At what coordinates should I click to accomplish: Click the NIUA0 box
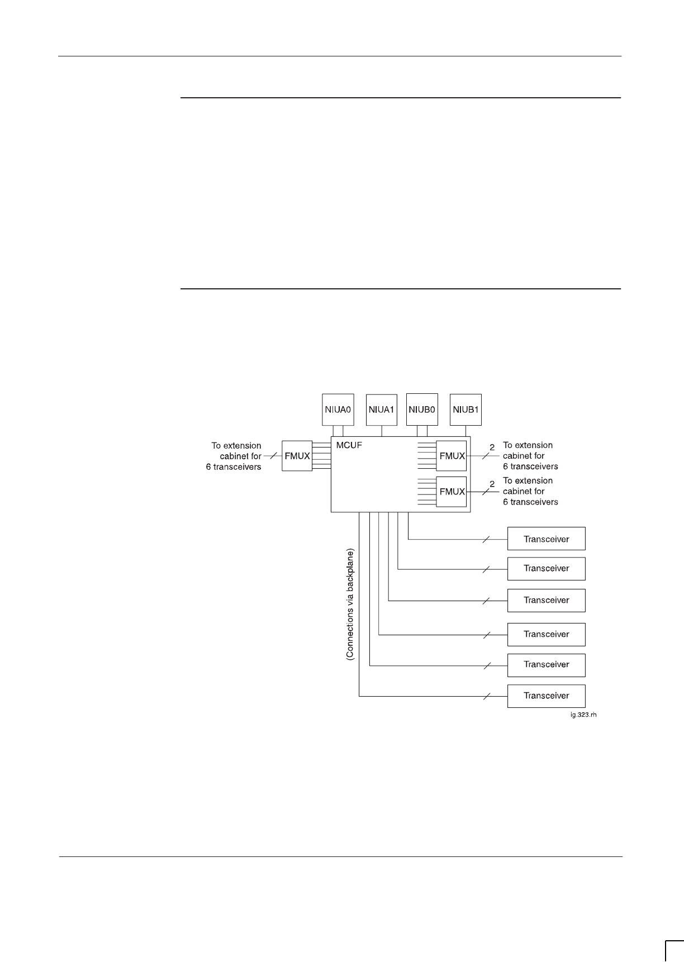click(338, 409)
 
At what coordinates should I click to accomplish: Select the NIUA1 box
click(382, 409)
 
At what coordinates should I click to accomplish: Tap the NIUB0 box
click(422, 409)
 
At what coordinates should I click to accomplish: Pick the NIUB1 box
click(465, 409)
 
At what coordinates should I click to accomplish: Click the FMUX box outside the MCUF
click(297, 456)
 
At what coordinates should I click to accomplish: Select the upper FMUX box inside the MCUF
click(452, 456)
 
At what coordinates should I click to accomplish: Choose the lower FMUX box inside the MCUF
click(452, 492)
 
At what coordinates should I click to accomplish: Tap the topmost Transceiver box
click(546, 539)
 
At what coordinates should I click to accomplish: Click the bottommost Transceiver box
click(546, 696)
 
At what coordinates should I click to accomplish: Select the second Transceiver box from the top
click(546, 569)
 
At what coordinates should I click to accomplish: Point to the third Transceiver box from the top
click(546, 600)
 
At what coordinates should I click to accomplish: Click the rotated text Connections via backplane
click(350, 604)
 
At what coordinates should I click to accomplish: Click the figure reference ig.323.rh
click(583, 715)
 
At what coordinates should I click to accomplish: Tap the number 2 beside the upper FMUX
click(492, 448)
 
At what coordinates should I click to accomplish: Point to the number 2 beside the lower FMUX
click(492, 484)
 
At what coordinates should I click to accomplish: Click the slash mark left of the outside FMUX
click(272, 456)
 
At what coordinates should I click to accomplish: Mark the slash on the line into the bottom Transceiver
click(486, 696)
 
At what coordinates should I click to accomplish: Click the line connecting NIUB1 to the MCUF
click(465, 431)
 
